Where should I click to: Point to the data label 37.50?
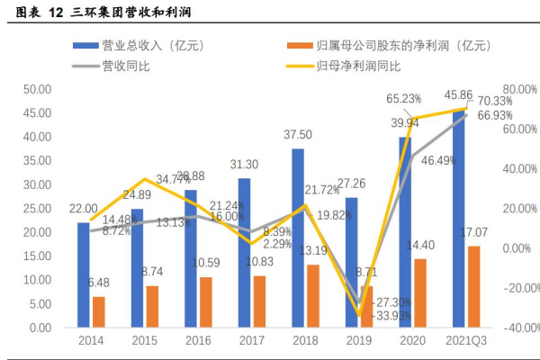click(x=297, y=134)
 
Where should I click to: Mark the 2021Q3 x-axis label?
click(x=466, y=342)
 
